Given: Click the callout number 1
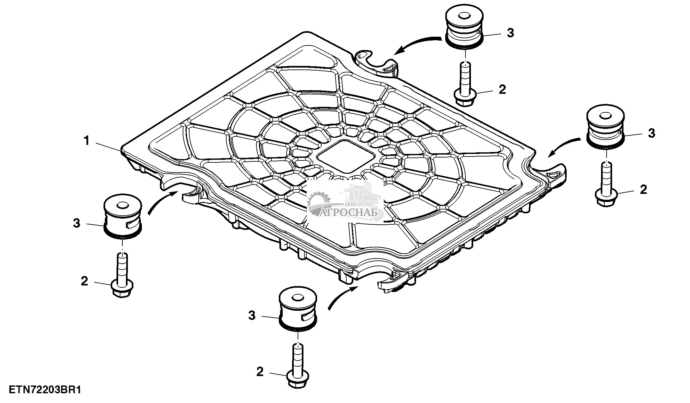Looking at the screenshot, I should pyautogui.click(x=86, y=141).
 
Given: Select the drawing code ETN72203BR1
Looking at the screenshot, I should pyautogui.click(x=44, y=389).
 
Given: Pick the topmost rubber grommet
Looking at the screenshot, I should pyautogui.click(x=463, y=28).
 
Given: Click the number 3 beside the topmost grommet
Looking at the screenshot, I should pyautogui.click(x=510, y=33).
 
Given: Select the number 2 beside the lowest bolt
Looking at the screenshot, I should pyautogui.click(x=260, y=372).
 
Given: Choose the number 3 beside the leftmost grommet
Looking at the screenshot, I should pyautogui.click(x=77, y=223).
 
